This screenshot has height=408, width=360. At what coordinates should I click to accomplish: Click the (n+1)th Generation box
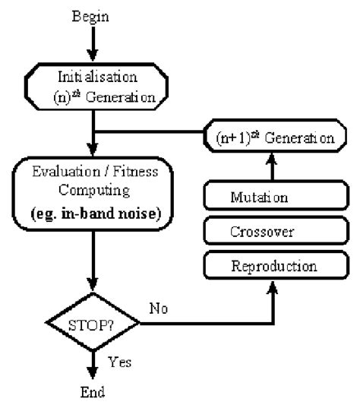pos(270,139)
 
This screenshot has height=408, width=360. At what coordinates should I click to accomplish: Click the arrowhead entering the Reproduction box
pos(270,287)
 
